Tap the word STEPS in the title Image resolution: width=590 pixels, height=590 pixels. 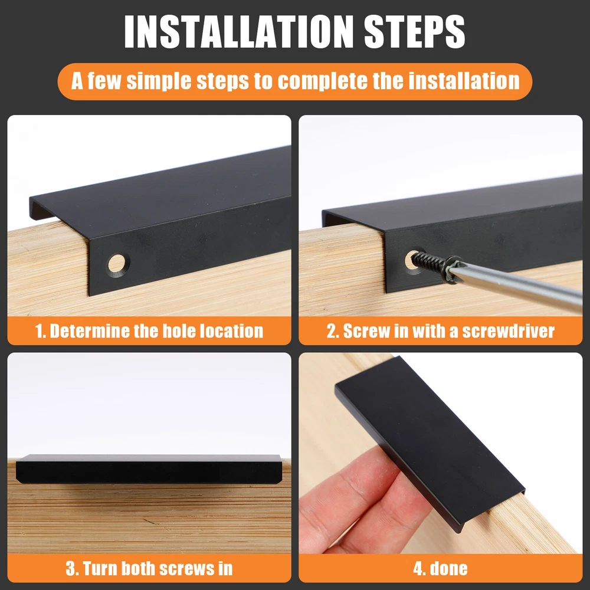415,32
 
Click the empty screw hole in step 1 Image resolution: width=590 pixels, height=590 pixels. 117,264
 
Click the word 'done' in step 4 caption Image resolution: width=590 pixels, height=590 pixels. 449,568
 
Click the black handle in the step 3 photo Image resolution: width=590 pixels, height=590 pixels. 149,469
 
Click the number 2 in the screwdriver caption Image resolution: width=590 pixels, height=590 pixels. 332,331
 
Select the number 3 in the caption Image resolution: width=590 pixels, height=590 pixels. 71,568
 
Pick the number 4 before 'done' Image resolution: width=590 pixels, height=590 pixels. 418,568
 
